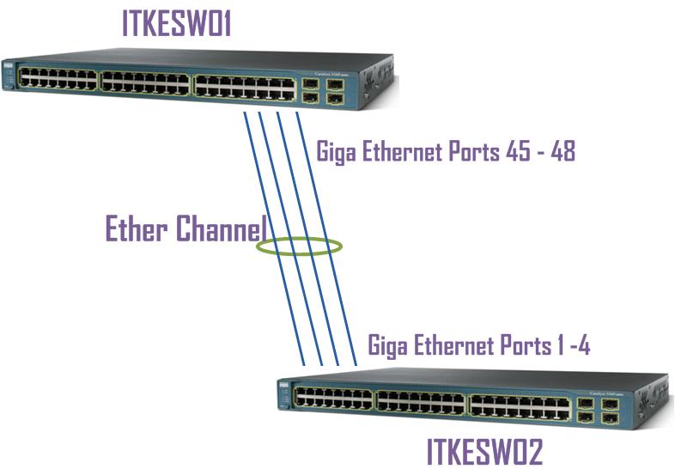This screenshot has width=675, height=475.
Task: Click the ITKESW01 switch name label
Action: pyautogui.click(x=178, y=23)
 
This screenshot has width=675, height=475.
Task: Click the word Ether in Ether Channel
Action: pyautogui.click(x=137, y=229)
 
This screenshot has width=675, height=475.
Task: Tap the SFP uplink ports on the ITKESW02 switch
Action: pyautogui.click(x=596, y=411)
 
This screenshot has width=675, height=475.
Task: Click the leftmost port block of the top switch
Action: pyautogui.click(x=58, y=80)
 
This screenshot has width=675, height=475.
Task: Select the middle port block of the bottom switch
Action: pyautogui.click(x=420, y=401)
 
